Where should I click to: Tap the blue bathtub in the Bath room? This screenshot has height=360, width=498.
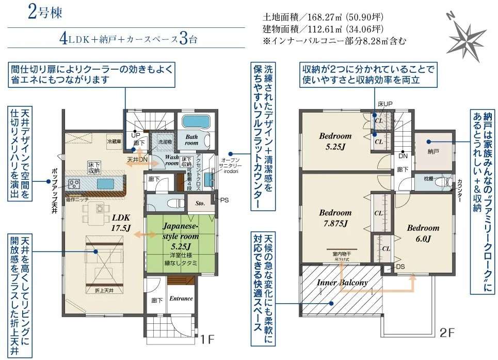click(x=195, y=123)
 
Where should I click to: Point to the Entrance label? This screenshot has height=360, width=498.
click(x=181, y=298)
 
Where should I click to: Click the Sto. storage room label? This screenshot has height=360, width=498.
click(x=201, y=204)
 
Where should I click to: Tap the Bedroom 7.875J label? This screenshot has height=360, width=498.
click(x=335, y=217)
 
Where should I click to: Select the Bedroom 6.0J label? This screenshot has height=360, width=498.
click(x=423, y=233)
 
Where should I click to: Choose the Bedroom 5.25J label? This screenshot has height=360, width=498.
click(x=335, y=141)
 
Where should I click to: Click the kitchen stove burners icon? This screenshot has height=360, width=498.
click(x=74, y=183)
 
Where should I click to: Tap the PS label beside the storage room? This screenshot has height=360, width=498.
click(x=224, y=199)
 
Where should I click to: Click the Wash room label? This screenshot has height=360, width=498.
click(x=171, y=159)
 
